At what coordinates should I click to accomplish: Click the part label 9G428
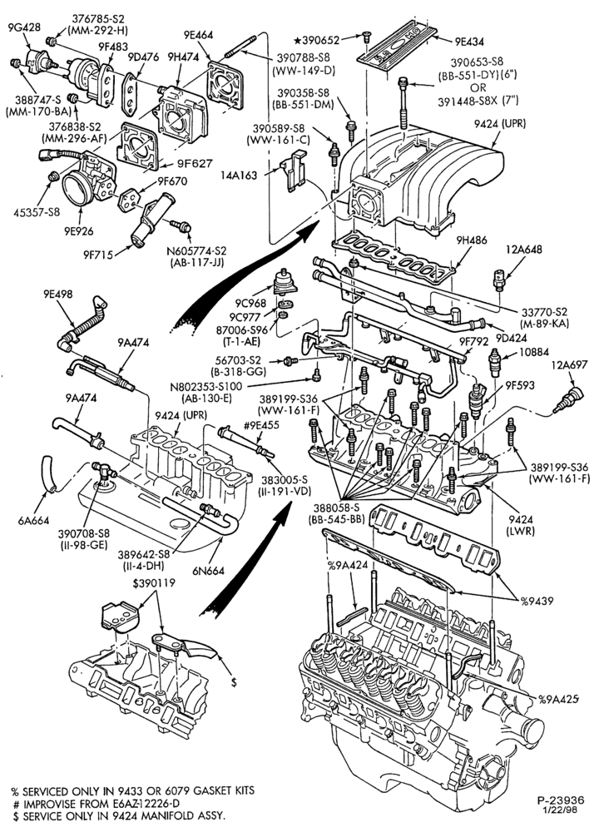tap(24, 27)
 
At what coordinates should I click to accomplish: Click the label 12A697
tap(569, 365)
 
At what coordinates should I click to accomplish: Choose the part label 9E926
tap(79, 231)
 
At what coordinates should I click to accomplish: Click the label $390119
tap(154, 583)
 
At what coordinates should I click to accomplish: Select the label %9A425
tap(558, 698)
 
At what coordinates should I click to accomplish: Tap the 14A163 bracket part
tap(294, 170)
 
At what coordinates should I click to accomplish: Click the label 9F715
tap(97, 254)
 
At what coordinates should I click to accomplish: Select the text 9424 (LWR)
tap(521, 525)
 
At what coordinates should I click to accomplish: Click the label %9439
tap(537, 601)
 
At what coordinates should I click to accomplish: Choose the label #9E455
tap(261, 425)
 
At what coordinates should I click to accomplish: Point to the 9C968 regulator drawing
tap(285, 285)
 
